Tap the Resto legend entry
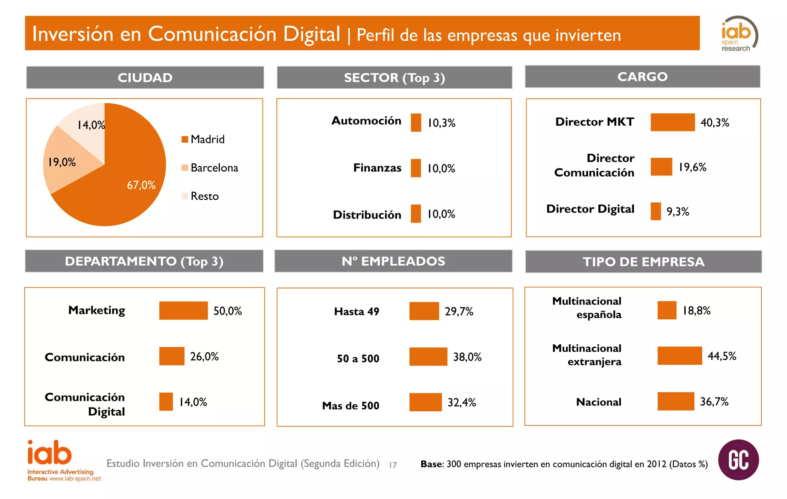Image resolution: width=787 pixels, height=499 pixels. tap(200, 196)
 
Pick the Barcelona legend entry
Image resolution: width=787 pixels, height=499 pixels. tap(210, 168)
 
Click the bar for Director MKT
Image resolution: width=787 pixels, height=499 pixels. tap(672, 122)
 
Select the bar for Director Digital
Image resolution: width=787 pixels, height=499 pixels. tap(656, 211)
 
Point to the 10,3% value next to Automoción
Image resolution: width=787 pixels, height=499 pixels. tap(442, 123)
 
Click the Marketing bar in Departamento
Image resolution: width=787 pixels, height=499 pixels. tap(183, 310)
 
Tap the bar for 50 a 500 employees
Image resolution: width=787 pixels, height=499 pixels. tap(428, 357)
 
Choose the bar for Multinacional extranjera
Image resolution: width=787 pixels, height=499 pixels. tap(679, 355)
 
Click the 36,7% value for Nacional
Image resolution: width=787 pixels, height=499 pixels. tap(714, 402)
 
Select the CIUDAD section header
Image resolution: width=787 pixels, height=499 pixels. tap(145, 78)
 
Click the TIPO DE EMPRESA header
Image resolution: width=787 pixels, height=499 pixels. tap(643, 262)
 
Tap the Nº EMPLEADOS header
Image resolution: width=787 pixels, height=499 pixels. tap(393, 261)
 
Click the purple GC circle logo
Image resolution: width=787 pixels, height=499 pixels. tap(738, 460)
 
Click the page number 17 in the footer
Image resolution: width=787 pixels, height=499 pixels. tap(393, 465)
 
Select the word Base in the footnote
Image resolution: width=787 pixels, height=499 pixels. tap(431, 464)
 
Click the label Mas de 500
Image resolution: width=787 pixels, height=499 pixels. tap(350, 406)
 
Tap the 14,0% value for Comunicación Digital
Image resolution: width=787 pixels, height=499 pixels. tap(193, 402)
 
